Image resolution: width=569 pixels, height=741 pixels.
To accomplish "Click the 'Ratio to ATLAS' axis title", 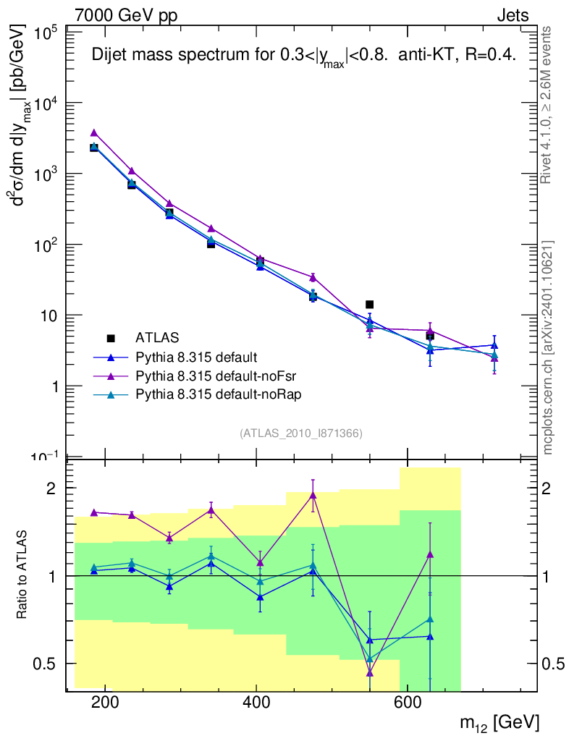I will coord(23,575).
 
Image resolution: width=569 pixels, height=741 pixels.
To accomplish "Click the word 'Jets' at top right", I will coord(512,15).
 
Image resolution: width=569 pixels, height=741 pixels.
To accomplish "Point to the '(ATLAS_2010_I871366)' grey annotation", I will coord(300,433).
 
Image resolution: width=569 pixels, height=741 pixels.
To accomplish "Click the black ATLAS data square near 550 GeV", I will coord(369,305).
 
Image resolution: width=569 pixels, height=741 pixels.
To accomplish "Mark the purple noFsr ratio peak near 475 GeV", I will coord(313,496).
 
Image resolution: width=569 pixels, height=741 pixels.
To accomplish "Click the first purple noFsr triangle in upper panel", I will coord(94,133).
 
